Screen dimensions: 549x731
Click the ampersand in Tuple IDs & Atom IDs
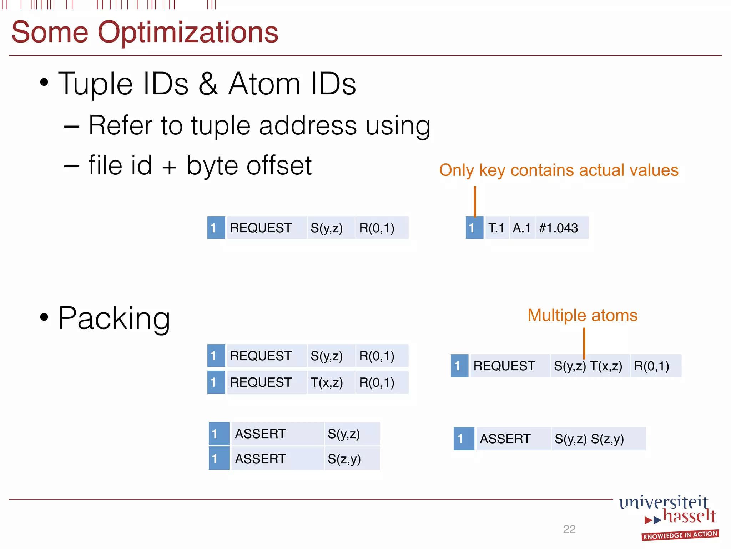click(x=208, y=84)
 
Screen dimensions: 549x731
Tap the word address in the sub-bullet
click(x=308, y=126)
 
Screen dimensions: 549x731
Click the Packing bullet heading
click(x=114, y=318)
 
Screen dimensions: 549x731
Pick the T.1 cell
click(x=496, y=228)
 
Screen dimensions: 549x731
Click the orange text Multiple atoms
click(x=582, y=316)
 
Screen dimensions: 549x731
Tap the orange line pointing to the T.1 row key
click(x=475, y=201)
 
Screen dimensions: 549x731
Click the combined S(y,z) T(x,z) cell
click(x=590, y=366)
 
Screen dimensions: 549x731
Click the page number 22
click(x=569, y=529)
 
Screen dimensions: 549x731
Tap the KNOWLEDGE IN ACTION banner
click(x=680, y=535)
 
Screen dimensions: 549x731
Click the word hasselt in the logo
click(x=689, y=516)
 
